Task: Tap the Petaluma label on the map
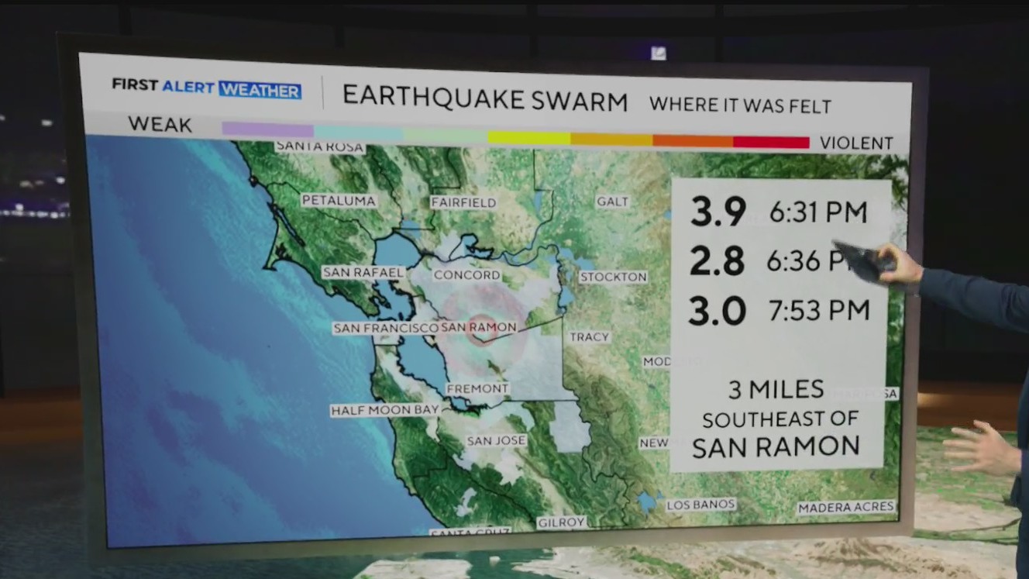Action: (x=339, y=201)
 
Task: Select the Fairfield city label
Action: (x=463, y=202)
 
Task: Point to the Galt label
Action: (x=612, y=202)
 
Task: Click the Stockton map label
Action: (x=613, y=277)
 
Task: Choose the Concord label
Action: (x=466, y=275)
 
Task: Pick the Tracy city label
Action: (x=590, y=337)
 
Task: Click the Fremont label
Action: (x=477, y=388)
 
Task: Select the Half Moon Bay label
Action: (x=385, y=410)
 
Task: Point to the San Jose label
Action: (x=497, y=440)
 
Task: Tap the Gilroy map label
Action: (x=561, y=522)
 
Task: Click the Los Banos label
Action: (x=700, y=505)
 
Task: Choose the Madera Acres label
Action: (x=846, y=507)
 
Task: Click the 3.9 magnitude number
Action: (x=718, y=212)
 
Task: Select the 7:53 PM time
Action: (x=819, y=310)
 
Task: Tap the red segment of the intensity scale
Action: (x=771, y=142)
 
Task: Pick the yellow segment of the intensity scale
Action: (x=529, y=138)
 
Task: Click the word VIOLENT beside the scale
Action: (x=856, y=143)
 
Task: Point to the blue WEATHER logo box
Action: (x=260, y=90)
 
